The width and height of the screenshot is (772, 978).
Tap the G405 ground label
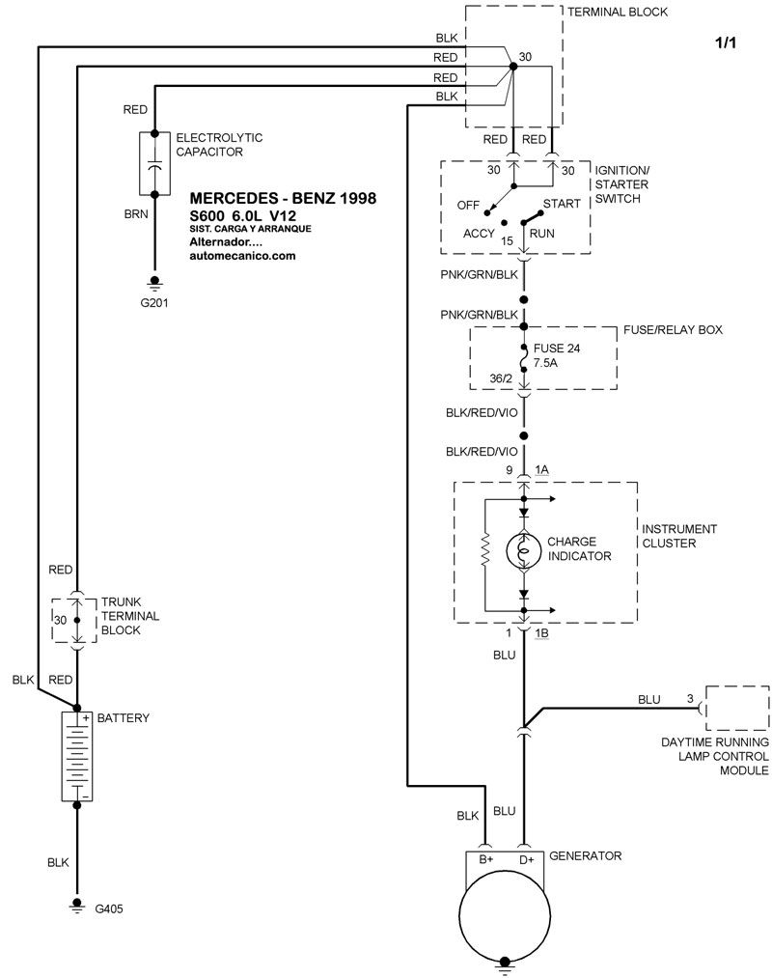click(109, 908)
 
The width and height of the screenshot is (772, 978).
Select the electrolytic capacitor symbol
click(154, 164)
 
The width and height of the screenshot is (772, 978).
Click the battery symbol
click(77, 757)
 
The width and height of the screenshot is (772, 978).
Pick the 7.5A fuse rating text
click(547, 364)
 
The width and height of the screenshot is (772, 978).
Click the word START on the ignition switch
click(561, 205)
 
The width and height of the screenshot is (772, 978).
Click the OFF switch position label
click(469, 206)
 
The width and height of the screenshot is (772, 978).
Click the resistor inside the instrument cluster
click(485, 551)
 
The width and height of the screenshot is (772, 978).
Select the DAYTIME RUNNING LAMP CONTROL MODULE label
click(714, 756)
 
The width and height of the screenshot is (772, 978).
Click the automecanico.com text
click(242, 256)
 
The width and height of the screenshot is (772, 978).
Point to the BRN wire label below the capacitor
click(135, 214)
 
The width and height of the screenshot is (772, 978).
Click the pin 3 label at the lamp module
click(689, 697)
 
